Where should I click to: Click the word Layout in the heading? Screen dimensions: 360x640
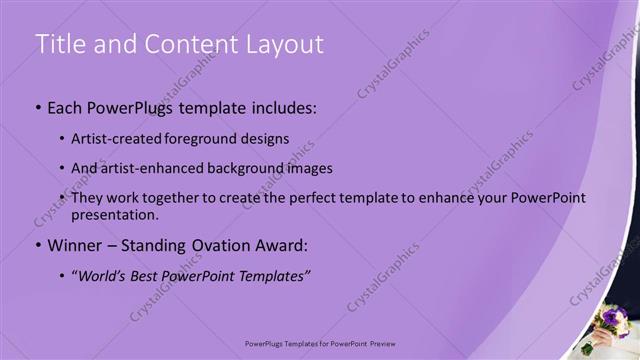pos(283,45)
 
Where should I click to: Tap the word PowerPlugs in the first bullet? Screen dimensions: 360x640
pos(134,105)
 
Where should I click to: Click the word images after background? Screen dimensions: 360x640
pos(305,168)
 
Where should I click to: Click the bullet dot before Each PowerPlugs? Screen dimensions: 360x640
pos(38,106)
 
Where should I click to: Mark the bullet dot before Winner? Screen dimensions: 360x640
pos(38,246)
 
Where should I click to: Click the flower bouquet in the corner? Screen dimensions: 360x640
pos(609,326)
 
